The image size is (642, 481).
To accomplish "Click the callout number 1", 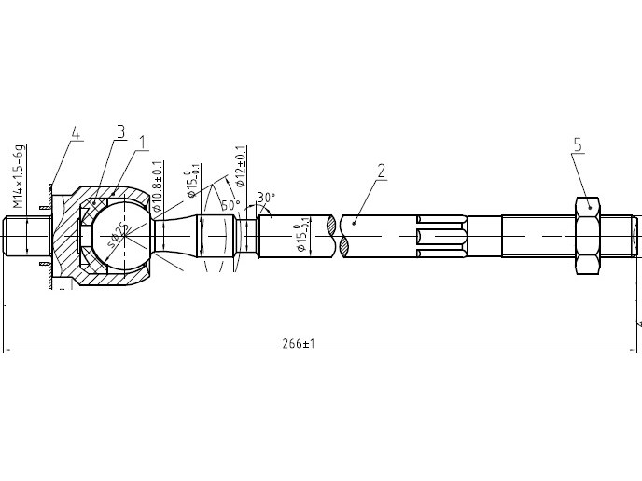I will click(143, 143).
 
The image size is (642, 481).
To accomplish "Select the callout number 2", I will click(381, 172).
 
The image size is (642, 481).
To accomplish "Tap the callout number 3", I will click(120, 132).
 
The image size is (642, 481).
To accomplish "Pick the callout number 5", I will click(578, 144).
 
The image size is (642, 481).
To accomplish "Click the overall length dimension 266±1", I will click(299, 343).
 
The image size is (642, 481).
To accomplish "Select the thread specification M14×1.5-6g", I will click(16, 176).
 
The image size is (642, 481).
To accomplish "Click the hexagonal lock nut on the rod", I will click(587, 236).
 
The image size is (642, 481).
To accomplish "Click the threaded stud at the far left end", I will click(25, 236).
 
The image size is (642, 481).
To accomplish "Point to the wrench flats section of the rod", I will click(440, 236).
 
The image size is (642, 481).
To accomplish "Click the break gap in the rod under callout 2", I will click(338, 236).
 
